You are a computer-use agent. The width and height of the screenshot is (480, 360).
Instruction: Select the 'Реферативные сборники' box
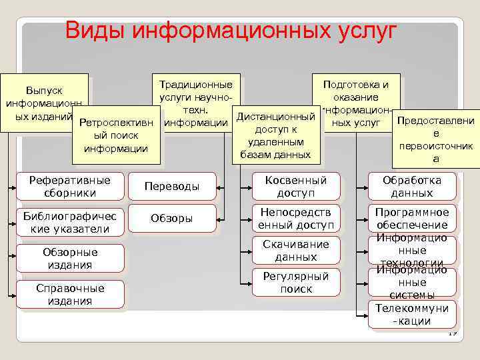(71, 186)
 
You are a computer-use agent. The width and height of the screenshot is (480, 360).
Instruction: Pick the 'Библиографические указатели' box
(71, 223)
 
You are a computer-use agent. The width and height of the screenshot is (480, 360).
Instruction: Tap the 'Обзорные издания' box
(71, 258)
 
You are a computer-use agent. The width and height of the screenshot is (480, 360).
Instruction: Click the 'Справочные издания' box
(71, 294)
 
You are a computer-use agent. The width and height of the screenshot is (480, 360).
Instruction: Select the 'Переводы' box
(172, 187)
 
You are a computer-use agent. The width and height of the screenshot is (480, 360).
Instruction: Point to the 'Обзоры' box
(172, 218)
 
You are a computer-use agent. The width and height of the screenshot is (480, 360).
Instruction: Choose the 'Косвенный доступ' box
(295, 186)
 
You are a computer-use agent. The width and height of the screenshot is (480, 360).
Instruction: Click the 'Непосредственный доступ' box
(295, 218)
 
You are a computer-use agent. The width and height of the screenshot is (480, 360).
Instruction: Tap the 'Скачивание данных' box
(295, 250)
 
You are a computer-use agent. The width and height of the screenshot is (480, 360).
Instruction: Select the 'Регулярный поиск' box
(295, 283)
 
